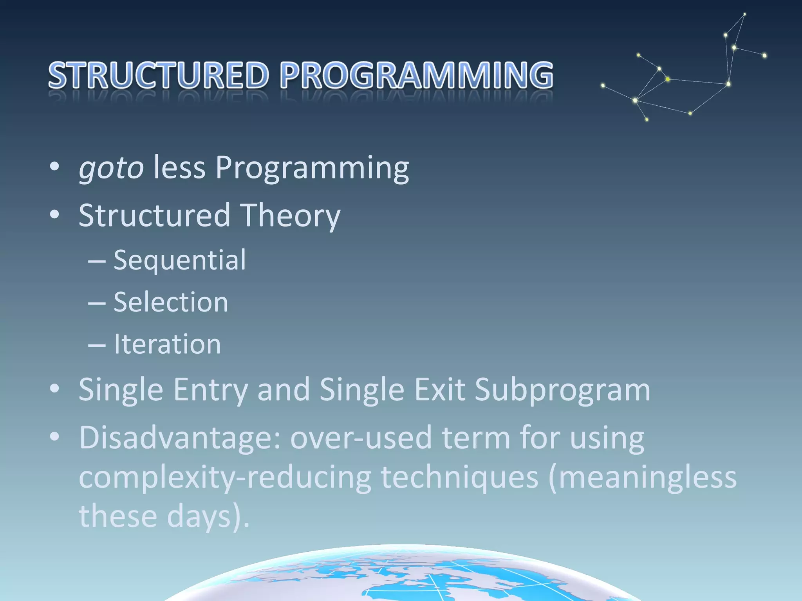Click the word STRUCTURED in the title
(x=159, y=75)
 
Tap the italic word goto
(x=111, y=168)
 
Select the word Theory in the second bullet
(x=290, y=215)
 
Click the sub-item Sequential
(x=179, y=260)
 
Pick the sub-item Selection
(x=171, y=302)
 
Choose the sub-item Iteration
(x=167, y=344)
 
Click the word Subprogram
(x=562, y=390)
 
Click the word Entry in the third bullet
(x=210, y=390)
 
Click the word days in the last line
(x=199, y=516)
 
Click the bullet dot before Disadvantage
(x=54, y=437)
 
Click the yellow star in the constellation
(x=668, y=79)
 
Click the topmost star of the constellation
(x=745, y=14)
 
